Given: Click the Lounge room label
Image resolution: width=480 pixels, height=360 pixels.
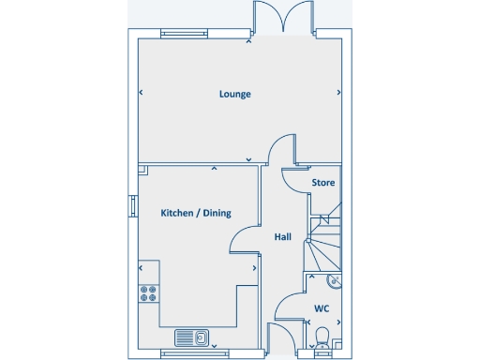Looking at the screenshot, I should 235,94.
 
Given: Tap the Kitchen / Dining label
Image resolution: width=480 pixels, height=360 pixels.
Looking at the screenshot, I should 196,213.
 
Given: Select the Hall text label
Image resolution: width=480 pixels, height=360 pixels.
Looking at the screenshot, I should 282,237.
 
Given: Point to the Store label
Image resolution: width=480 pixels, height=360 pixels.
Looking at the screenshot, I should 323,182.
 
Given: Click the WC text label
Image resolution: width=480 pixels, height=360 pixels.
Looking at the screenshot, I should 322,307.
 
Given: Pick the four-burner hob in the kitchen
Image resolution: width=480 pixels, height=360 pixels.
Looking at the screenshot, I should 148,295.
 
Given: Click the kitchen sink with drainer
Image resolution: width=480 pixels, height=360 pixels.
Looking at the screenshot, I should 191,337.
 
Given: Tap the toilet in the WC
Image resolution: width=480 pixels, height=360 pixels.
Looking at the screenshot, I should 322,337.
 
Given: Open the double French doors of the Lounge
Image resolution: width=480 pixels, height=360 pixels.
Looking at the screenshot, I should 282,19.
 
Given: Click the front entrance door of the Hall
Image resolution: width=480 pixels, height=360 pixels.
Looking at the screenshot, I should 280,337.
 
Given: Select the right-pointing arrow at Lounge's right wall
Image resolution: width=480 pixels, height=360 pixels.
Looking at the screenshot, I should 338,93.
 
